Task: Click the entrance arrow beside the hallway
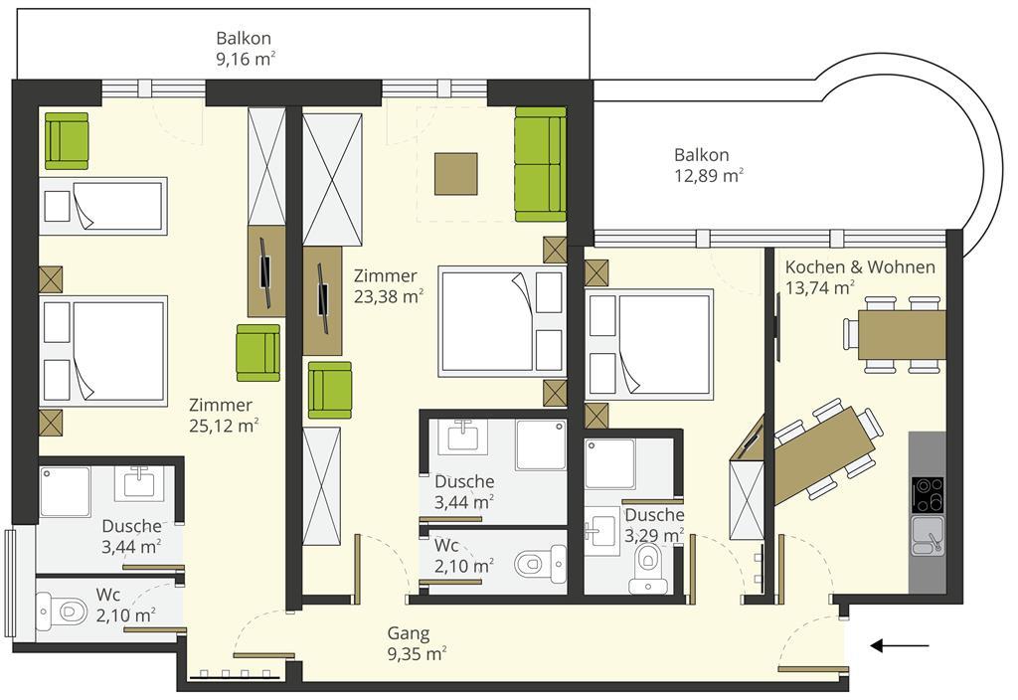click(899, 645)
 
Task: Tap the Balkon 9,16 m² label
click(245, 49)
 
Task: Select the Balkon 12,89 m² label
click(708, 165)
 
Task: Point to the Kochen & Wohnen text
click(860, 266)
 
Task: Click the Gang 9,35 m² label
click(417, 643)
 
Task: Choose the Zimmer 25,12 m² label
click(224, 415)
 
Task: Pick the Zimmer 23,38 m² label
click(389, 285)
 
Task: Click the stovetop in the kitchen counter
click(928, 494)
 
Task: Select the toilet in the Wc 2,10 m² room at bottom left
click(64, 612)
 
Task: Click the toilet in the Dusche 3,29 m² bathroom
click(648, 568)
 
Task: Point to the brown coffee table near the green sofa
click(455, 173)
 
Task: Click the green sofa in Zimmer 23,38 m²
click(540, 164)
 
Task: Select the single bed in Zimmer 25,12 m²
click(103, 206)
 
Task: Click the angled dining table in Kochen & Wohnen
click(824, 455)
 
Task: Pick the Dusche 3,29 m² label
click(654, 525)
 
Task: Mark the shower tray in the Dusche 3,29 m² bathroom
click(610, 463)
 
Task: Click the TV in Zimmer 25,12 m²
click(265, 270)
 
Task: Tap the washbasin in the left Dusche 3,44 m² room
click(139, 483)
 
